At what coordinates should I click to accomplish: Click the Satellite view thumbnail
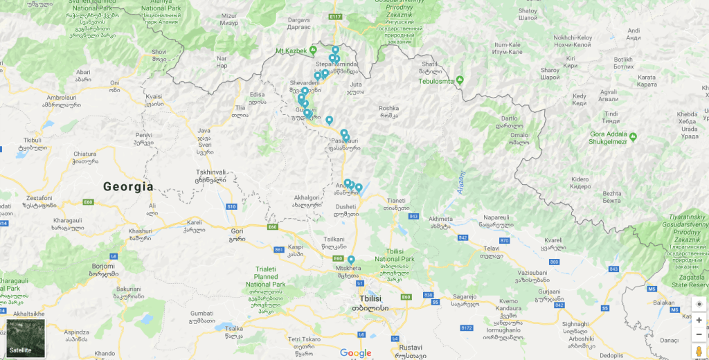tap(26, 338)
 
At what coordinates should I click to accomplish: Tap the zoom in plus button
tap(699, 321)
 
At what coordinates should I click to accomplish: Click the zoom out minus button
tap(699, 334)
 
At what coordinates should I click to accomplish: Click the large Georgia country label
tap(128, 186)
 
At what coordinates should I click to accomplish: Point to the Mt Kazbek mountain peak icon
tap(313, 51)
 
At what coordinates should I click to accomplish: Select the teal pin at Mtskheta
tap(352, 260)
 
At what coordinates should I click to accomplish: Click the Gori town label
tap(237, 231)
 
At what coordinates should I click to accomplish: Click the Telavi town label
tap(491, 248)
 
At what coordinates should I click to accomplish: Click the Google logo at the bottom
tap(355, 353)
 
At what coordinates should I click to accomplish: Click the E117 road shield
tap(336, 16)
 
